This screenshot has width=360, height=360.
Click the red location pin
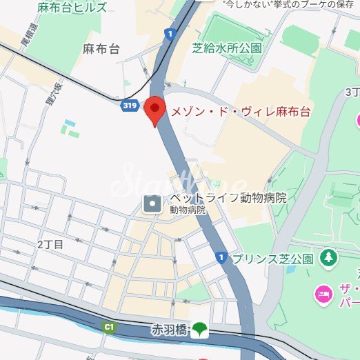pyautogui.click(x=154, y=110)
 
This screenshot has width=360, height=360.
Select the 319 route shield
pyautogui.click(x=128, y=105)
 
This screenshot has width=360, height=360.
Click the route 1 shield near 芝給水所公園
pyautogui.click(x=170, y=33)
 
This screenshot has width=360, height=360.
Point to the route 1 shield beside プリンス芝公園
pyautogui.click(x=221, y=257)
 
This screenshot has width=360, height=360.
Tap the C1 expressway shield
pyautogui.click(x=108, y=327)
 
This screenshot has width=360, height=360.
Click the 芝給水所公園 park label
pyautogui.click(x=228, y=48)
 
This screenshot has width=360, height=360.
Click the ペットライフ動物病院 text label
pyautogui.click(x=228, y=198)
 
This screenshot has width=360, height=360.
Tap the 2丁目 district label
pyautogui.click(x=50, y=244)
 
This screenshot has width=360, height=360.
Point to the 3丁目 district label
pyautogui.click(x=352, y=92)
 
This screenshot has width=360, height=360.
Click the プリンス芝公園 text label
pyautogui.click(x=272, y=259)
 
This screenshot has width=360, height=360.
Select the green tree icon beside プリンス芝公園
pyautogui.click(x=328, y=258)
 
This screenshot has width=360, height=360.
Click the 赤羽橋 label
pyautogui.click(x=169, y=329)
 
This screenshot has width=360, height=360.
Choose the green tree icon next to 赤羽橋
pyautogui.click(x=200, y=329)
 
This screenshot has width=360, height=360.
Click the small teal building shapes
pyautogui.click(x=68, y=128)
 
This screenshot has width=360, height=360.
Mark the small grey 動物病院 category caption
pyautogui.click(x=188, y=210)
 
